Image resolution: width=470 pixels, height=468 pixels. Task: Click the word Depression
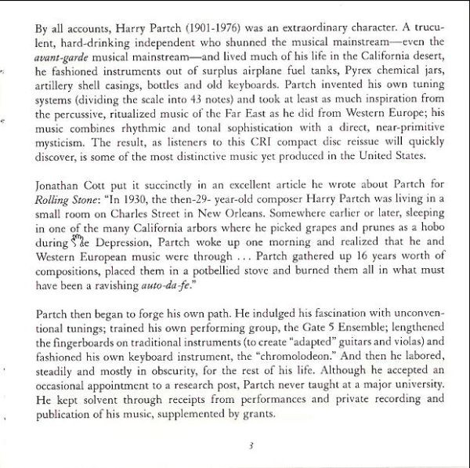(110, 250)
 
